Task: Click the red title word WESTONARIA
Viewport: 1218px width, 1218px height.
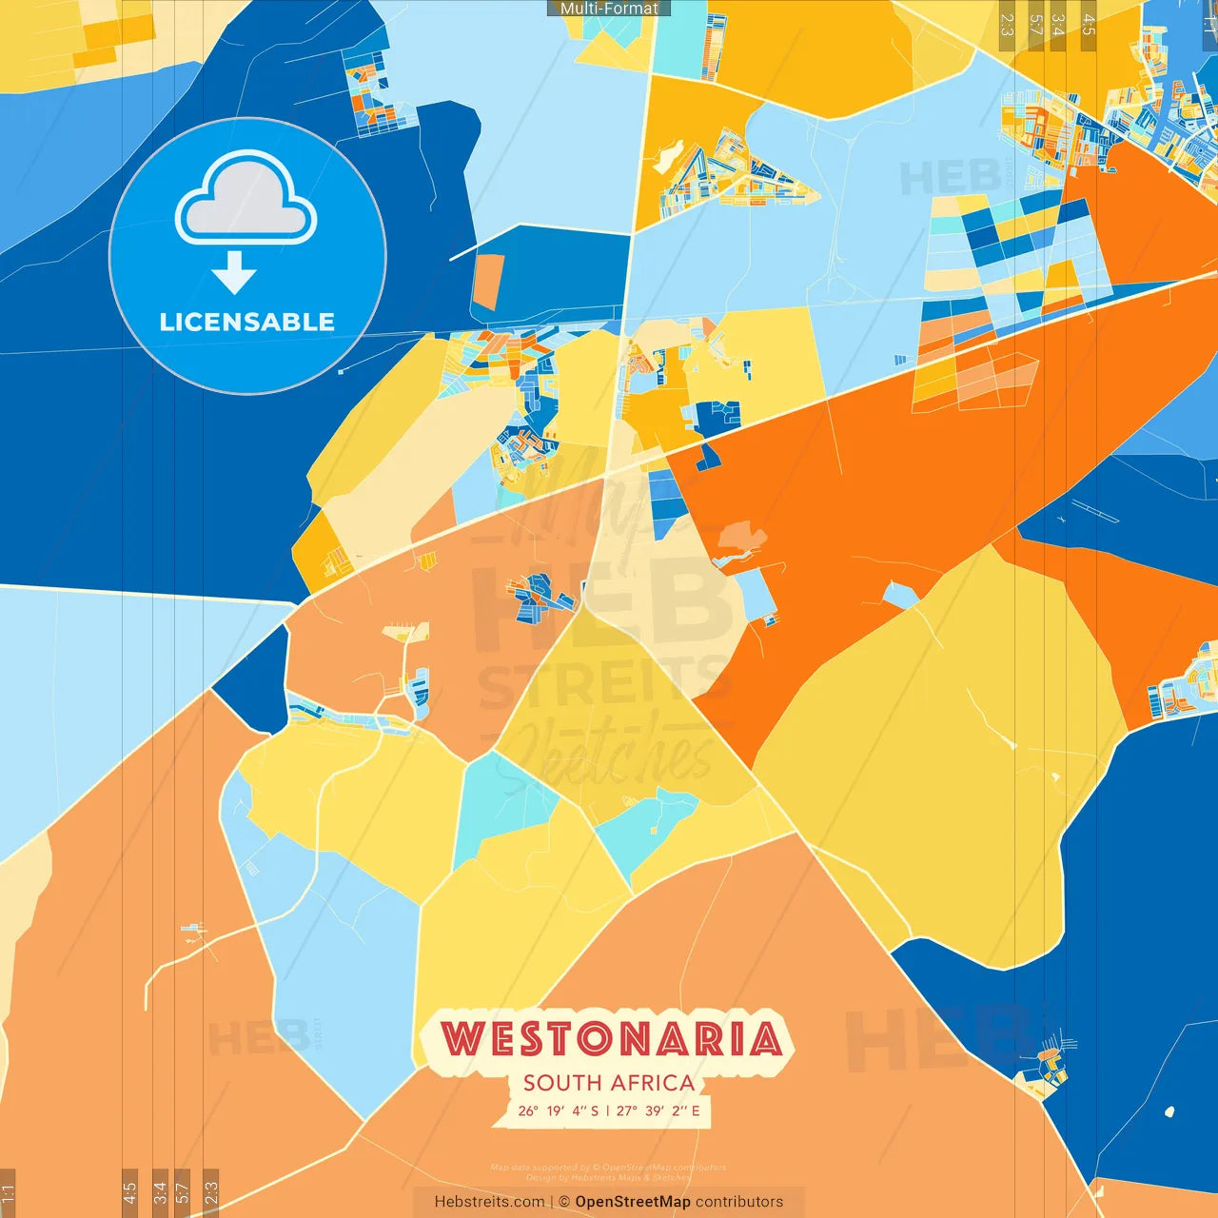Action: coord(611,1038)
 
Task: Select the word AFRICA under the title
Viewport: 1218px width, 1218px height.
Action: coord(654,1083)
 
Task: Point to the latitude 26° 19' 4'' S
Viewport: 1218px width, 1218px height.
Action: coord(559,1110)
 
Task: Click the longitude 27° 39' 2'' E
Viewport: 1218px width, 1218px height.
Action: coord(658,1110)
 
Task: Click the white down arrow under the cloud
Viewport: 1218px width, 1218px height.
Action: coord(234,273)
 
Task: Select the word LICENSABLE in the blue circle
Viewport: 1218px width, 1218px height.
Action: coord(246,322)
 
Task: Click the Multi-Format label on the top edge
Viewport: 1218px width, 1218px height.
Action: coord(609,8)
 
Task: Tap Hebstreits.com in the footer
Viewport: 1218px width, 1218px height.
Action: coord(489,1202)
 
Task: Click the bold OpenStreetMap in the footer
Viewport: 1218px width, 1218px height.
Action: coord(632,1202)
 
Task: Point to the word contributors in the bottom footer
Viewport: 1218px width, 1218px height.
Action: coord(739,1202)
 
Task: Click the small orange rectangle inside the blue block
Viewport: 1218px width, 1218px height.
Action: coord(486,282)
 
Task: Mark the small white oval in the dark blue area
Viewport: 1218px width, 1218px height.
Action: coord(1169,1111)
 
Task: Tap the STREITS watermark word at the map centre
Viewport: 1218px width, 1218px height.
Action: coord(603,683)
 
